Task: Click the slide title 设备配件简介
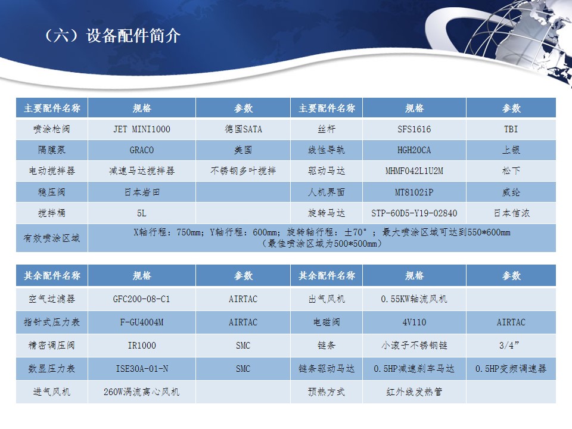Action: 133,36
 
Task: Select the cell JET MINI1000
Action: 142,129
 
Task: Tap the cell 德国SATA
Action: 243,129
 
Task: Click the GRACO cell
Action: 142,150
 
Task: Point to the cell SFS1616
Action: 414,129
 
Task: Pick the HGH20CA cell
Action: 414,150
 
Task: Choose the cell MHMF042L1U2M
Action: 414,171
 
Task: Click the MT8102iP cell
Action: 414,192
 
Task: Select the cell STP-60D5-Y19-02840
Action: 414,213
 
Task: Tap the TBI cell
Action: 511,129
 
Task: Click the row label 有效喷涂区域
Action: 51,238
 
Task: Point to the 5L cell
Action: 142,213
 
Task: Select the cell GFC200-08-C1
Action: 142,299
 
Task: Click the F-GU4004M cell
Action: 142,322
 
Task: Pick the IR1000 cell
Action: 142,345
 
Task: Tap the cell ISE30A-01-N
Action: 142,368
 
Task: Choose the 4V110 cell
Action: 414,322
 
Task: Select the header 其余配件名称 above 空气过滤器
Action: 52,275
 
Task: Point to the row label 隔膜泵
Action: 51,150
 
